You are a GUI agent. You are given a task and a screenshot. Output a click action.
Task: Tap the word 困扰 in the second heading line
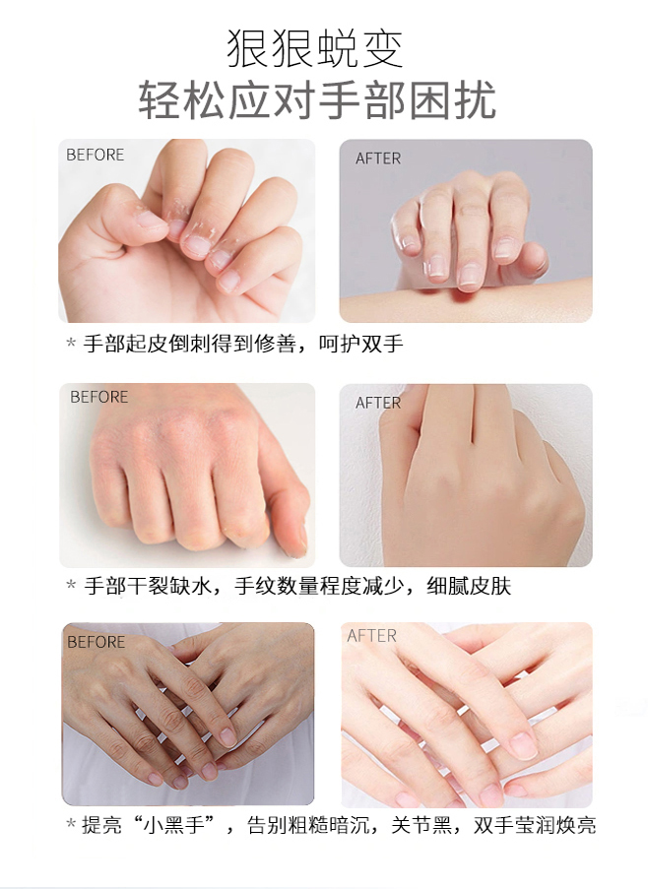(x=461, y=101)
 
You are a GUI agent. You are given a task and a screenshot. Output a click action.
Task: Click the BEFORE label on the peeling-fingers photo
(x=96, y=155)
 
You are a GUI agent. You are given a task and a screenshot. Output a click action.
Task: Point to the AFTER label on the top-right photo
(x=378, y=159)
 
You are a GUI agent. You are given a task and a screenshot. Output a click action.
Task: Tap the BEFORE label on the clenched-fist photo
(x=98, y=397)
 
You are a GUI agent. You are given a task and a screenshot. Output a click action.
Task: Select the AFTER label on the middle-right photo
(x=378, y=403)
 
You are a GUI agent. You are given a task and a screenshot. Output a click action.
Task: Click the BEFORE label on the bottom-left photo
(x=96, y=642)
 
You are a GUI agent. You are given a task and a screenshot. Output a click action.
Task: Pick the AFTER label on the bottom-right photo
(x=371, y=636)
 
